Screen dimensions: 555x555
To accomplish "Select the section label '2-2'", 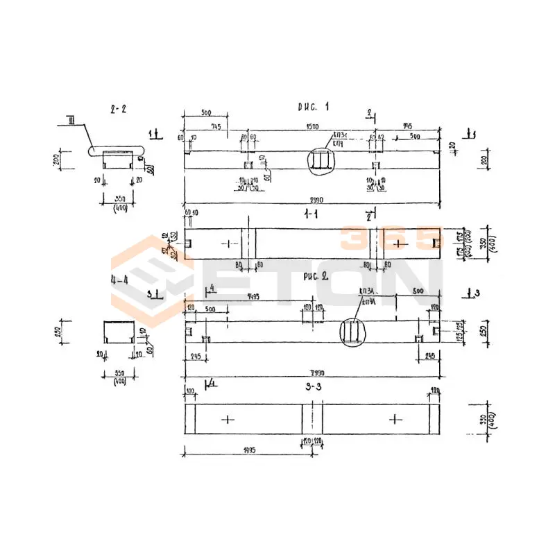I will click(118, 109).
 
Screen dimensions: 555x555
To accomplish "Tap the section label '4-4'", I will click(118, 282).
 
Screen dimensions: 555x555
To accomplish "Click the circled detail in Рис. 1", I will click(320, 160).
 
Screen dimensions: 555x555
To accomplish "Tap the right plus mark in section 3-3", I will click(395, 419).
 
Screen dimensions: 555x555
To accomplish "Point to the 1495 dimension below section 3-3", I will click(248, 450).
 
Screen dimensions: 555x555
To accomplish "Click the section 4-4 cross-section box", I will click(118, 332).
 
